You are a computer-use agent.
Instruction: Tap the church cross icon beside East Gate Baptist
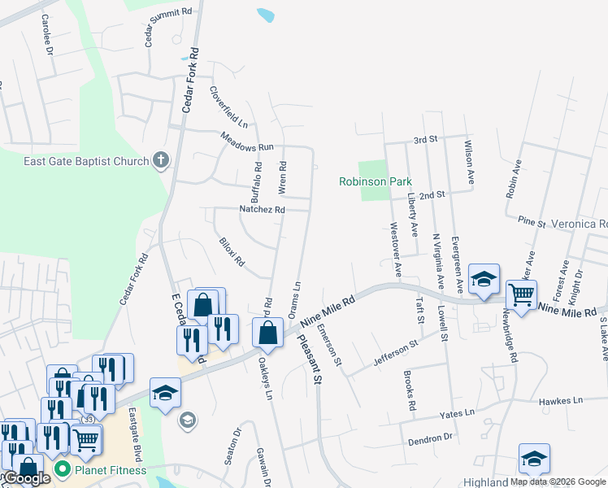161,160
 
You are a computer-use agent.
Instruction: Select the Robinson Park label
375,181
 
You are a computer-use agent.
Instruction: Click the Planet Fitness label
111,470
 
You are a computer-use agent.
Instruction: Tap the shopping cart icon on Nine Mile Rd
520,293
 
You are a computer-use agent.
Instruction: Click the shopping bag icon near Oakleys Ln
267,332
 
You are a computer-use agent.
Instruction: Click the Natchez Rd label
262,209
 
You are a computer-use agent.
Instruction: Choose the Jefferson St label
395,351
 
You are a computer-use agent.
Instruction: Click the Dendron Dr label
431,438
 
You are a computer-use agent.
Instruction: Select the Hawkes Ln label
561,401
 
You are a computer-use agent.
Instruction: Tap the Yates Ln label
457,413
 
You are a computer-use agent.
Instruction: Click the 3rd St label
425,140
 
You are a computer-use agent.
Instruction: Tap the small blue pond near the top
266,15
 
